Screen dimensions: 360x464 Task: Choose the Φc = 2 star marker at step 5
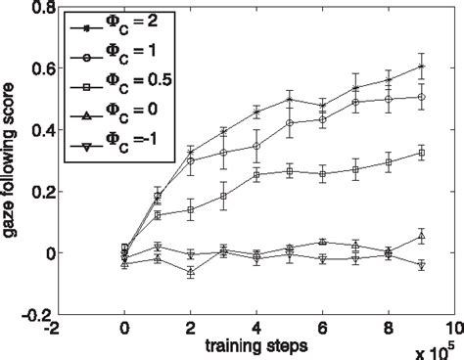click(x=290, y=99)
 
